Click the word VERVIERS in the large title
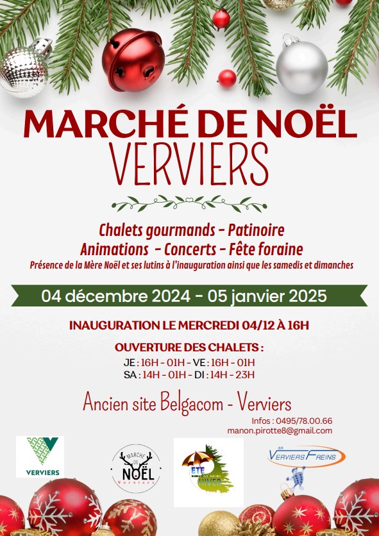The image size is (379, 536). [x=189, y=163]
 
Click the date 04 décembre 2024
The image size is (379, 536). [x=116, y=296]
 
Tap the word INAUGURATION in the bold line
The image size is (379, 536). [x=114, y=325]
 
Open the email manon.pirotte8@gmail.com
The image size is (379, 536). [x=280, y=430]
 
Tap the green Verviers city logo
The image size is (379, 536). [x=40, y=456]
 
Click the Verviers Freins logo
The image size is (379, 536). [x=306, y=456]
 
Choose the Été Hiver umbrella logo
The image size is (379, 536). [x=208, y=470]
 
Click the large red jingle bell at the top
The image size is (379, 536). [x=133, y=51]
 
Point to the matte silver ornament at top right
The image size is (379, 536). [x=301, y=67]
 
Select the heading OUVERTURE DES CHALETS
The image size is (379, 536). [x=189, y=348]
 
